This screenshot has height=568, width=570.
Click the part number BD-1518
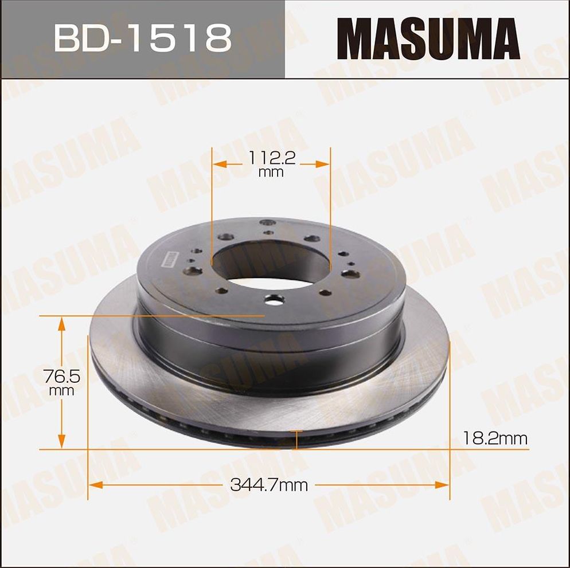143,38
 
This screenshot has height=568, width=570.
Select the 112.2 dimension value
272,156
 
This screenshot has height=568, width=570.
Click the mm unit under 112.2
271,172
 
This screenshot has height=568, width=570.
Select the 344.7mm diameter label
269,485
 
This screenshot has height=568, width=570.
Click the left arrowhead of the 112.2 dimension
218,164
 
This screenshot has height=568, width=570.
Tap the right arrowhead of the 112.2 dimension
325,164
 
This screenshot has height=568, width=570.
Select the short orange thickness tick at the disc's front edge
296,440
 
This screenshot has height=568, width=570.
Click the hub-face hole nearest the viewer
275,299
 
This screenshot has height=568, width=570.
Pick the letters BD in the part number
79,38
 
